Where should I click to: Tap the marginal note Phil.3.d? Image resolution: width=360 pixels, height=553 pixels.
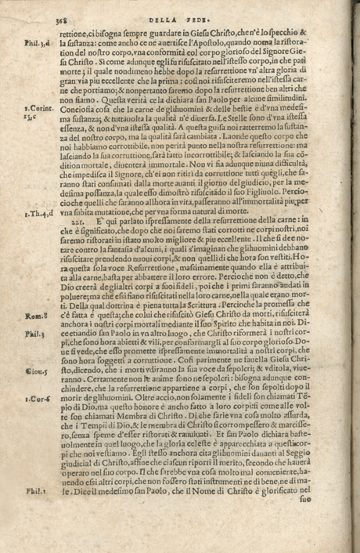[37, 45]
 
